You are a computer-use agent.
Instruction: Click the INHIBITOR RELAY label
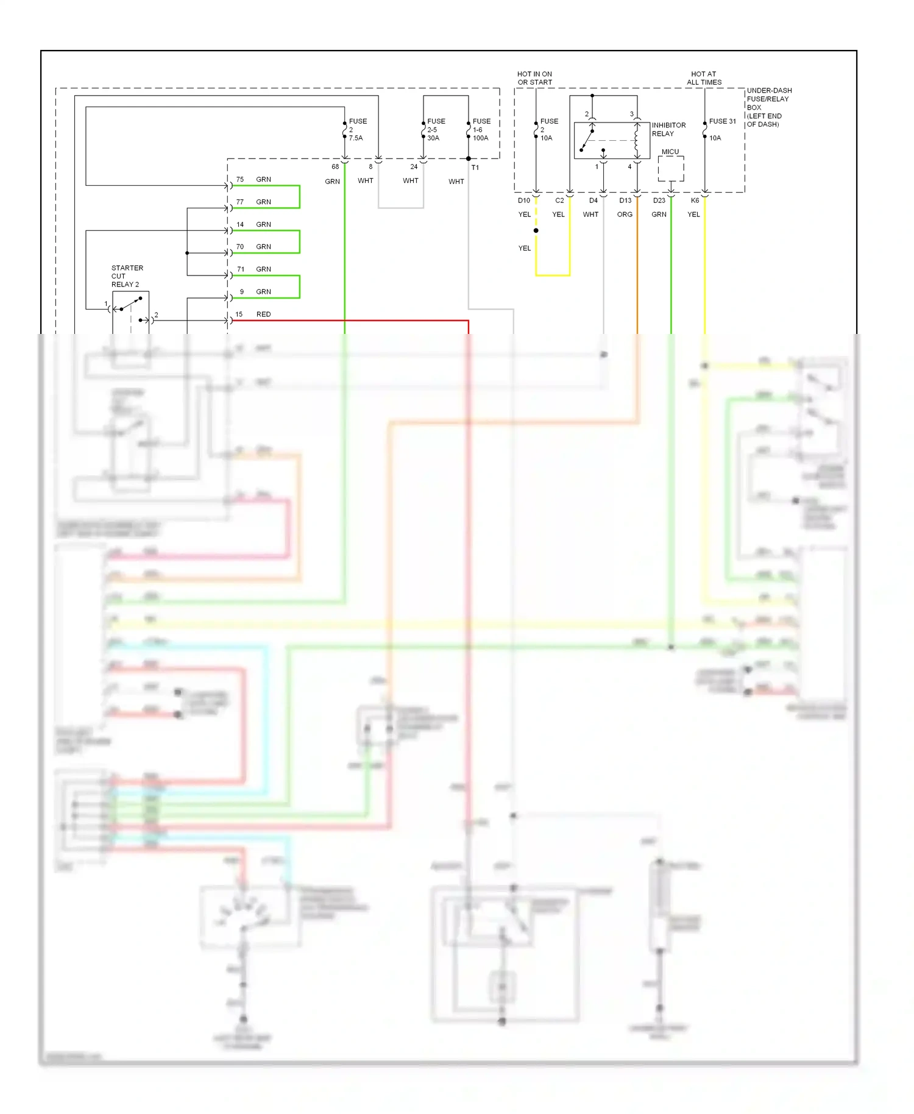[x=668, y=129]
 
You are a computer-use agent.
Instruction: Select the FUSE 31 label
[x=722, y=121]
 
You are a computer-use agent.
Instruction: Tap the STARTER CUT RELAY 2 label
[x=127, y=276]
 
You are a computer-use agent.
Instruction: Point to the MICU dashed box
[x=671, y=169]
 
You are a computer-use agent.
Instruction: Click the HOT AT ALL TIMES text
[x=704, y=78]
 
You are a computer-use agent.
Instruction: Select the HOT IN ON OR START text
[x=534, y=78]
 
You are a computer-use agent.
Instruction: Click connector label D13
[x=625, y=200]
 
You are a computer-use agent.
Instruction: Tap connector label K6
[x=695, y=200]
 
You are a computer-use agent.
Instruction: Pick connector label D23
[x=659, y=200]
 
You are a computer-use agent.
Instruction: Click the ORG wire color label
[x=625, y=215]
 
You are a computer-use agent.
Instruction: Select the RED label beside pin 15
[x=263, y=314]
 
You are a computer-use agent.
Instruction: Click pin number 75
[x=240, y=180]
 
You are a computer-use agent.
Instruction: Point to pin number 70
[x=240, y=247]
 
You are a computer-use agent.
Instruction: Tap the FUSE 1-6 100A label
[x=481, y=130]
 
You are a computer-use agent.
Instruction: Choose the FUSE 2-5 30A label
[x=436, y=130]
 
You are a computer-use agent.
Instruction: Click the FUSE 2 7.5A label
[x=357, y=130]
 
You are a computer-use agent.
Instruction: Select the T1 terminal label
[x=475, y=168]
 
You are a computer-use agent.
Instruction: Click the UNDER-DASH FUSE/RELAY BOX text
[x=768, y=107]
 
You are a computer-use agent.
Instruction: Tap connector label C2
[x=559, y=200]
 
